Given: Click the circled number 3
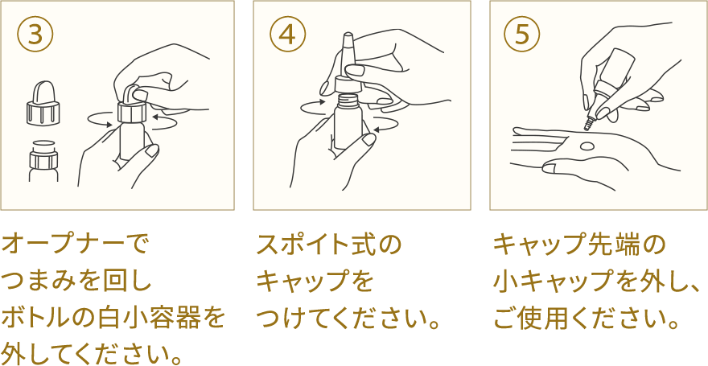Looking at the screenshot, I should point(35,34).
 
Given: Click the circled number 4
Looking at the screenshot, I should point(287,34).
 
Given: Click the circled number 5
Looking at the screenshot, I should point(522,34).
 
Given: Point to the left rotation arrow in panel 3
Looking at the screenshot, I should point(101,121).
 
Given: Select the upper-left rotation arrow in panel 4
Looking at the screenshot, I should point(313,105).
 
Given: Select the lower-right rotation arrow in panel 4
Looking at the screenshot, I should point(385,125).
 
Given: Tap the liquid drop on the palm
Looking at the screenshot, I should point(587,146).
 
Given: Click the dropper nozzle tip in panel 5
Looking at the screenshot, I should point(588,125).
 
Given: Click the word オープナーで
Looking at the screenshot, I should point(76,243).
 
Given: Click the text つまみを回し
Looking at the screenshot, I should point(76,281).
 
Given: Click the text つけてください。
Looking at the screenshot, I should point(350,318).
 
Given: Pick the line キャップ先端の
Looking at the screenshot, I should point(579,243).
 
